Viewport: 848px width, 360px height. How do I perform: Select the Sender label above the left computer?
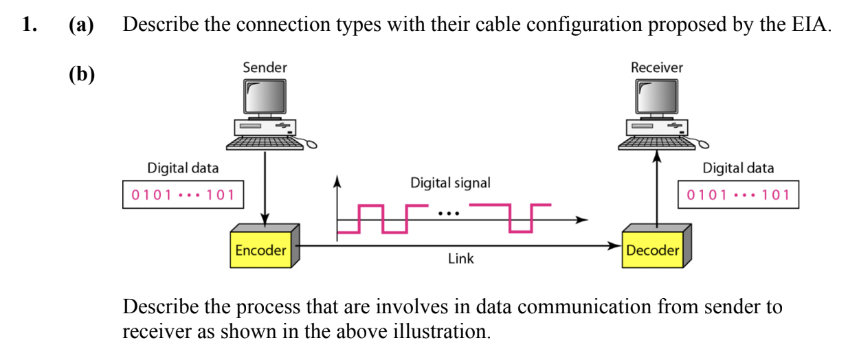click(x=265, y=67)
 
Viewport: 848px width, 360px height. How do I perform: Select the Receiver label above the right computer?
click(x=656, y=67)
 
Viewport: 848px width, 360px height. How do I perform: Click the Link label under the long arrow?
click(x=460, y=259)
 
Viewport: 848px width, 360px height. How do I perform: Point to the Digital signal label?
click(x=450, y=183)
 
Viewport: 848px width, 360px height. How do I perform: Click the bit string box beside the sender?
click(x=183, y=194)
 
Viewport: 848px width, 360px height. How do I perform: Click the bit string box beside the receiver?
click(x=738, y=194)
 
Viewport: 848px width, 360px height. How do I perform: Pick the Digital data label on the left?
click(x=183, y=168)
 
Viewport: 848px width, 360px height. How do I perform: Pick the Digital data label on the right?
click(x=738, y=168)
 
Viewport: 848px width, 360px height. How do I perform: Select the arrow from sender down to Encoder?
click(x=265, y=185)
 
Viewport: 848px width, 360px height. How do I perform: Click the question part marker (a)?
click(x=81, y=26)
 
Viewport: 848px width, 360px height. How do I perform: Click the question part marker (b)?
click(x=81, y=74)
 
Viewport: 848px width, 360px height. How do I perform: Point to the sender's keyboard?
click(x=265, y=142)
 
